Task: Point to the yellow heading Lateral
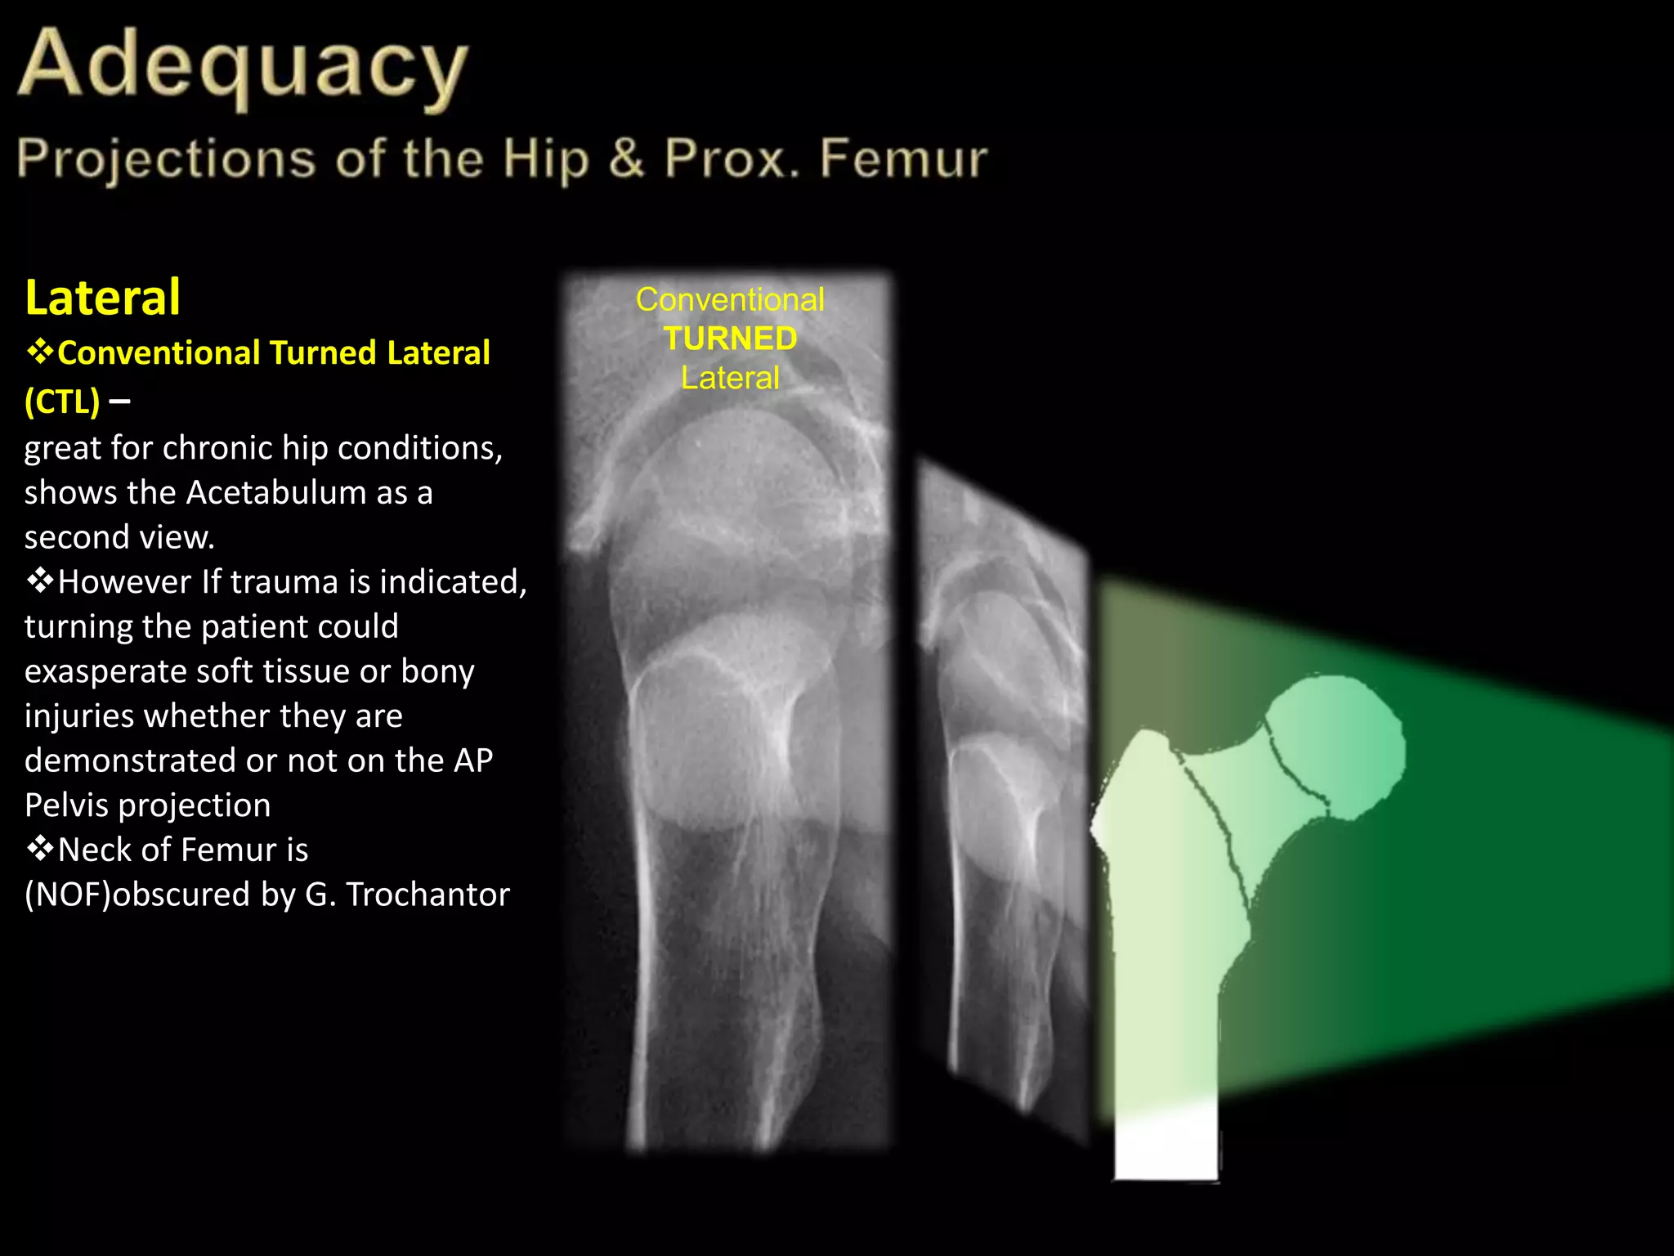103,297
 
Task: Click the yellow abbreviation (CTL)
62,401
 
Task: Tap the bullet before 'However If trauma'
39,581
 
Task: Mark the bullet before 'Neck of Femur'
39,849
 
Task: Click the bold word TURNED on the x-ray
730,339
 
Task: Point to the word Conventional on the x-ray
730,299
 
